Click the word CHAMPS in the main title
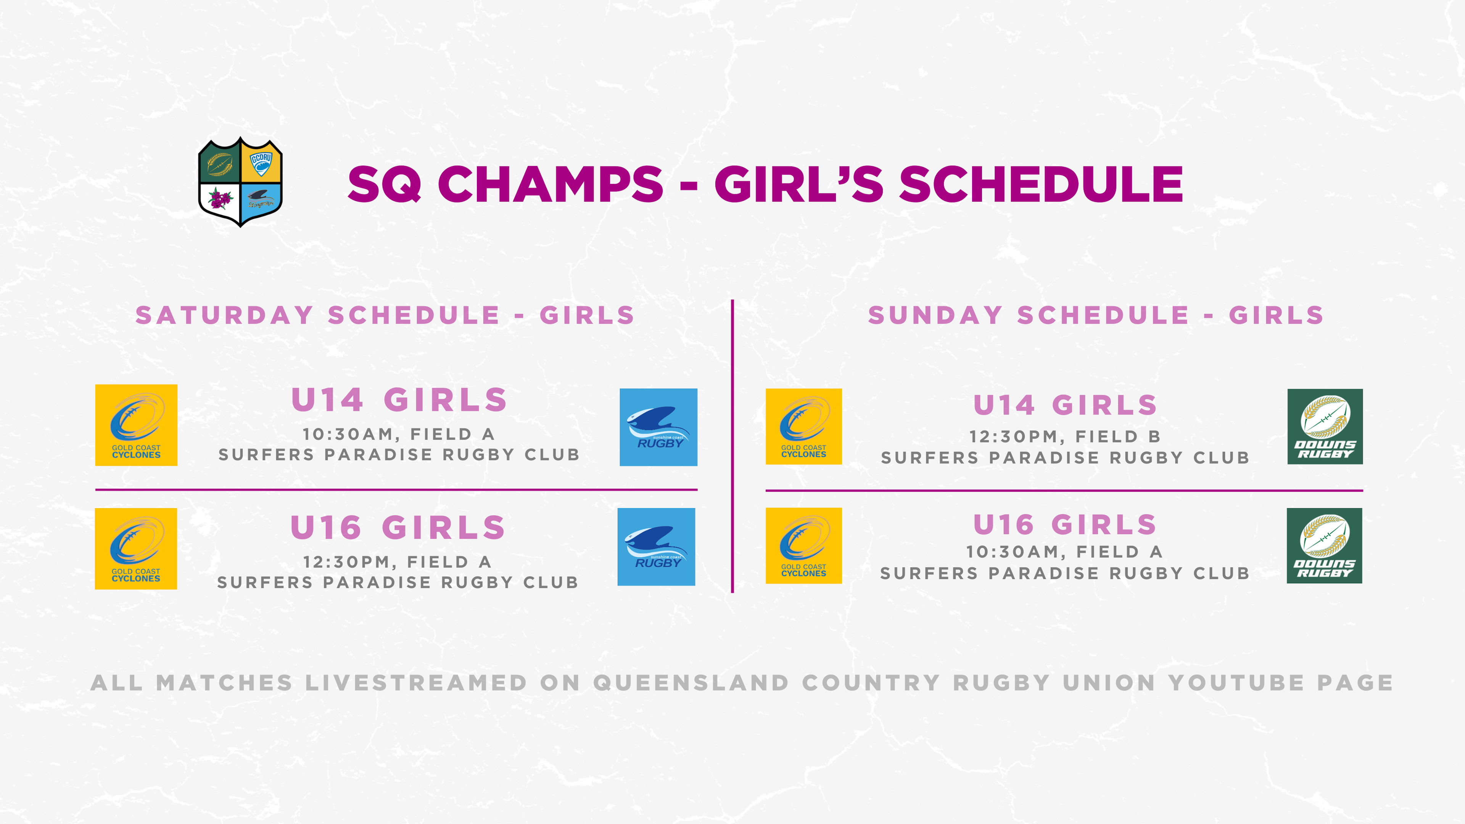[550, 184]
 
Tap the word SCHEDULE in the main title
[1041, 184]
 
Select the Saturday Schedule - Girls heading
[385, 315]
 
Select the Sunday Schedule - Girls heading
[1096, 315]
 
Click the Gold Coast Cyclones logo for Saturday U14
[137, 425]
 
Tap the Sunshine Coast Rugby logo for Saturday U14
[658, 427]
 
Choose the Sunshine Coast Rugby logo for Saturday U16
[656, 547]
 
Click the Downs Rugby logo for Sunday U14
[1325, 426]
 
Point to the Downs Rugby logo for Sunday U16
[1325, 546]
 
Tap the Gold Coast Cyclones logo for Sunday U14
[803, 426]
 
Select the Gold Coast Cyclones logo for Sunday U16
[803, 546]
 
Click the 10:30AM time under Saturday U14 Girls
[348, 435]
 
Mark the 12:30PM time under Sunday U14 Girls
[1013, 437]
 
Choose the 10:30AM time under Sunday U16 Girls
[1012, 552]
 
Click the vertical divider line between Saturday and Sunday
[732, 446]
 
